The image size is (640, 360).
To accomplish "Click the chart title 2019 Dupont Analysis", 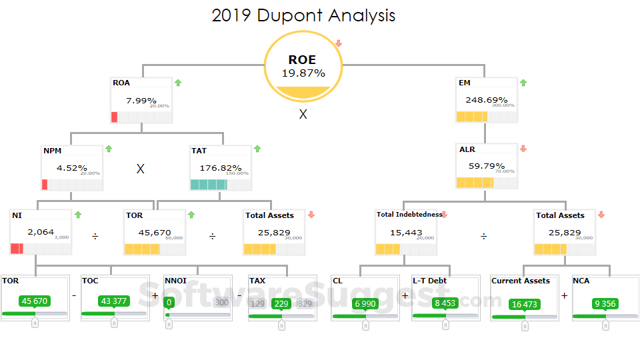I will click(303, 15).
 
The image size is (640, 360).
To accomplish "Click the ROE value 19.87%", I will click(303, 73).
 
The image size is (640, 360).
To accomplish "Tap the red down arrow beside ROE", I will click(339, 44).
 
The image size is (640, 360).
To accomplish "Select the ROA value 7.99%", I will click(141, 101).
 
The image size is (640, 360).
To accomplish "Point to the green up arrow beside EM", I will click(523, 83).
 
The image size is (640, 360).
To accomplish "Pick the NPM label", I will click(53, 151).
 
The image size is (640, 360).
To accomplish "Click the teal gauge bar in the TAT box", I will click(209, 185).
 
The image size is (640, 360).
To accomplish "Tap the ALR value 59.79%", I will click(487, 166).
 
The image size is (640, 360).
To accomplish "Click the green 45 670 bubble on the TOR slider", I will click(35, 301).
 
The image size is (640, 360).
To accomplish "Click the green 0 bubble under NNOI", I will click(169, 303).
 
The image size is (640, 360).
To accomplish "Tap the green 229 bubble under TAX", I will click(281, 303).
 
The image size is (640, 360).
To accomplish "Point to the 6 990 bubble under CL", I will click(365, 303).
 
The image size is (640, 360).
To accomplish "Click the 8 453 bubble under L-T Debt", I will click(445, 303).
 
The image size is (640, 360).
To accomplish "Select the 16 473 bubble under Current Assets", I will click(525, 304).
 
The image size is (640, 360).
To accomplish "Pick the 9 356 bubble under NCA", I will click(605, 304).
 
